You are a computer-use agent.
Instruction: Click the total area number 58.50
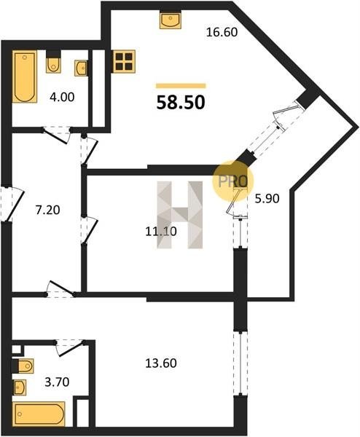click(181, 102)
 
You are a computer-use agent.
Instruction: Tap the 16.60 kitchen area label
click(222, 32)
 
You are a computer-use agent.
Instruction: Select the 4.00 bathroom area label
click(62, 97)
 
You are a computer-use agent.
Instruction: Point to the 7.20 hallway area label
click(47, 210)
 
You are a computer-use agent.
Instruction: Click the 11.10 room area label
click(161, 231)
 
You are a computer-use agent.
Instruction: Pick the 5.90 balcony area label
click(267, 198)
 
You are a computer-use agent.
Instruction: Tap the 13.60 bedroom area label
click(161, 363)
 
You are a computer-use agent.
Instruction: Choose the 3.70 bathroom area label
click(57, 382)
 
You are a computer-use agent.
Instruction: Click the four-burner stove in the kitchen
click(124, 61)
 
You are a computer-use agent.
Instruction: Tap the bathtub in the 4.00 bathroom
click(25, 76)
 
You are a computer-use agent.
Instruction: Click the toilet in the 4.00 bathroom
click(53, 63)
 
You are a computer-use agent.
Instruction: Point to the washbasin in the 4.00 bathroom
click(81, 68)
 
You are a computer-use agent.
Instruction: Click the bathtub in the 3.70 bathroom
click(39, 414)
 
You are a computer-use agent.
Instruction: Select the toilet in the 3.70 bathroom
click(23, 366)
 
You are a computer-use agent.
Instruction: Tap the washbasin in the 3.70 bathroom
click(20, 387)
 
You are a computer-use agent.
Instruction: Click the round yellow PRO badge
click(233, 181)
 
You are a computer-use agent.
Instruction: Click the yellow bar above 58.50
click(181, 86)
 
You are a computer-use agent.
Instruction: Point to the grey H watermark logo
click(179, 215)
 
